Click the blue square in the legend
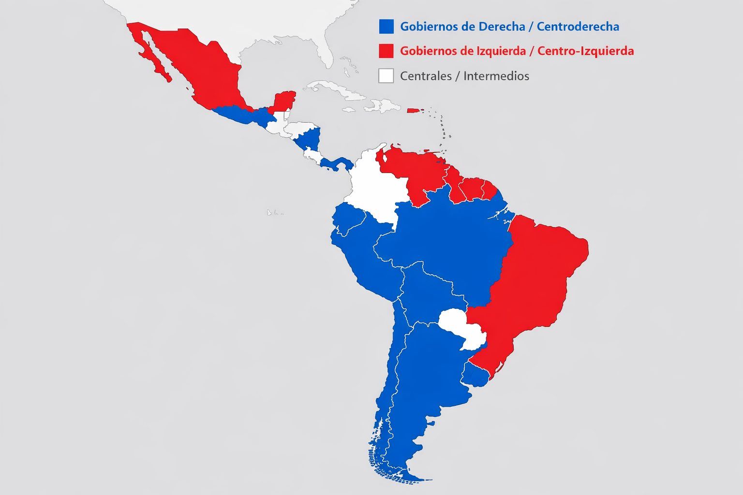[386, 26]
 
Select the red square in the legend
[386, 51]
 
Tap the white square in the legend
[386, 76]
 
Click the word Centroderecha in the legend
[578, 27]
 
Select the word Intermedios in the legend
[496, 76]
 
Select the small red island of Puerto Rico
[413, 111]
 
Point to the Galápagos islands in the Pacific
[275, 212]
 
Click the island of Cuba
[334, 90]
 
